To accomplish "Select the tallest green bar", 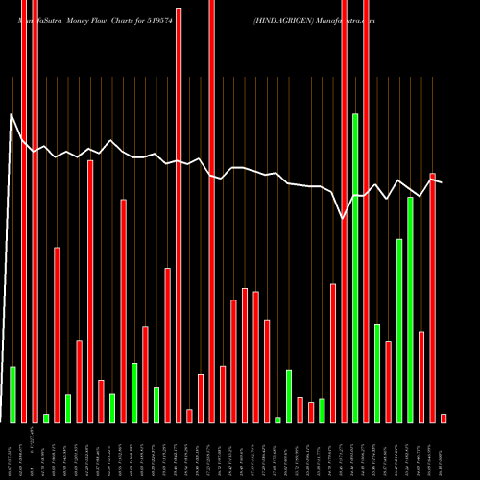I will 355,268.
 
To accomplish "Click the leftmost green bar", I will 12,395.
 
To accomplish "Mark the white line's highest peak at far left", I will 12,115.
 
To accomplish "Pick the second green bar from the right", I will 399,330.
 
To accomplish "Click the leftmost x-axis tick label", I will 12,451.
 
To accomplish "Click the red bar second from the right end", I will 432,298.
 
